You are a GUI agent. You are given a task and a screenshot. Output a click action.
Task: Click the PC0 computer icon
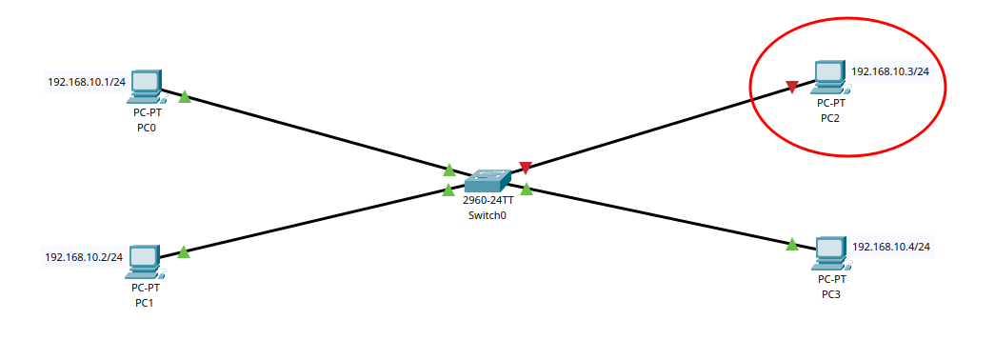point(147,87)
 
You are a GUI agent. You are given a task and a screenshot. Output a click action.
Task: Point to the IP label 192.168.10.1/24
point(87,82)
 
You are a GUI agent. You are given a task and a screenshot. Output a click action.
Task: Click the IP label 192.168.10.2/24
point(84,256)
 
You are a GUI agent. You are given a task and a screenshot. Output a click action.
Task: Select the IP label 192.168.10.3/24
point(889,71)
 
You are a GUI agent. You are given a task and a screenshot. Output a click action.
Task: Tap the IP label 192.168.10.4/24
point(890,247)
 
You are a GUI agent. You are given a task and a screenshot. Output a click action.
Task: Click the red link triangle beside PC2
point(792,88)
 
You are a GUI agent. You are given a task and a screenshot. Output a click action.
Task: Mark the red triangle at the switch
point(525,168)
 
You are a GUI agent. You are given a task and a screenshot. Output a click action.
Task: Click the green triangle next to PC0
point(185,96)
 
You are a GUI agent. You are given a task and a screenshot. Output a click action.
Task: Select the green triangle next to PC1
point(184,251)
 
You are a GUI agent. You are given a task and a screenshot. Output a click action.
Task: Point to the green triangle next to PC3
point(792,245)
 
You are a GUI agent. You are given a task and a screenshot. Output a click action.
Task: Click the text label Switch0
point(488,215)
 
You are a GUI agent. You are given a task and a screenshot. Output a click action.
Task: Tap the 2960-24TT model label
point(488,201)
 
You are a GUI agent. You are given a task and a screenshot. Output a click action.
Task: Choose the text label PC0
point(146,127)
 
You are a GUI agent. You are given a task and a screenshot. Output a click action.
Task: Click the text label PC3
point(831,294)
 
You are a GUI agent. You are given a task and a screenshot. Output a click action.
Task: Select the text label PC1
point(145,302)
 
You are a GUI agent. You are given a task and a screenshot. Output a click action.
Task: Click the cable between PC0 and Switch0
point(314,132)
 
